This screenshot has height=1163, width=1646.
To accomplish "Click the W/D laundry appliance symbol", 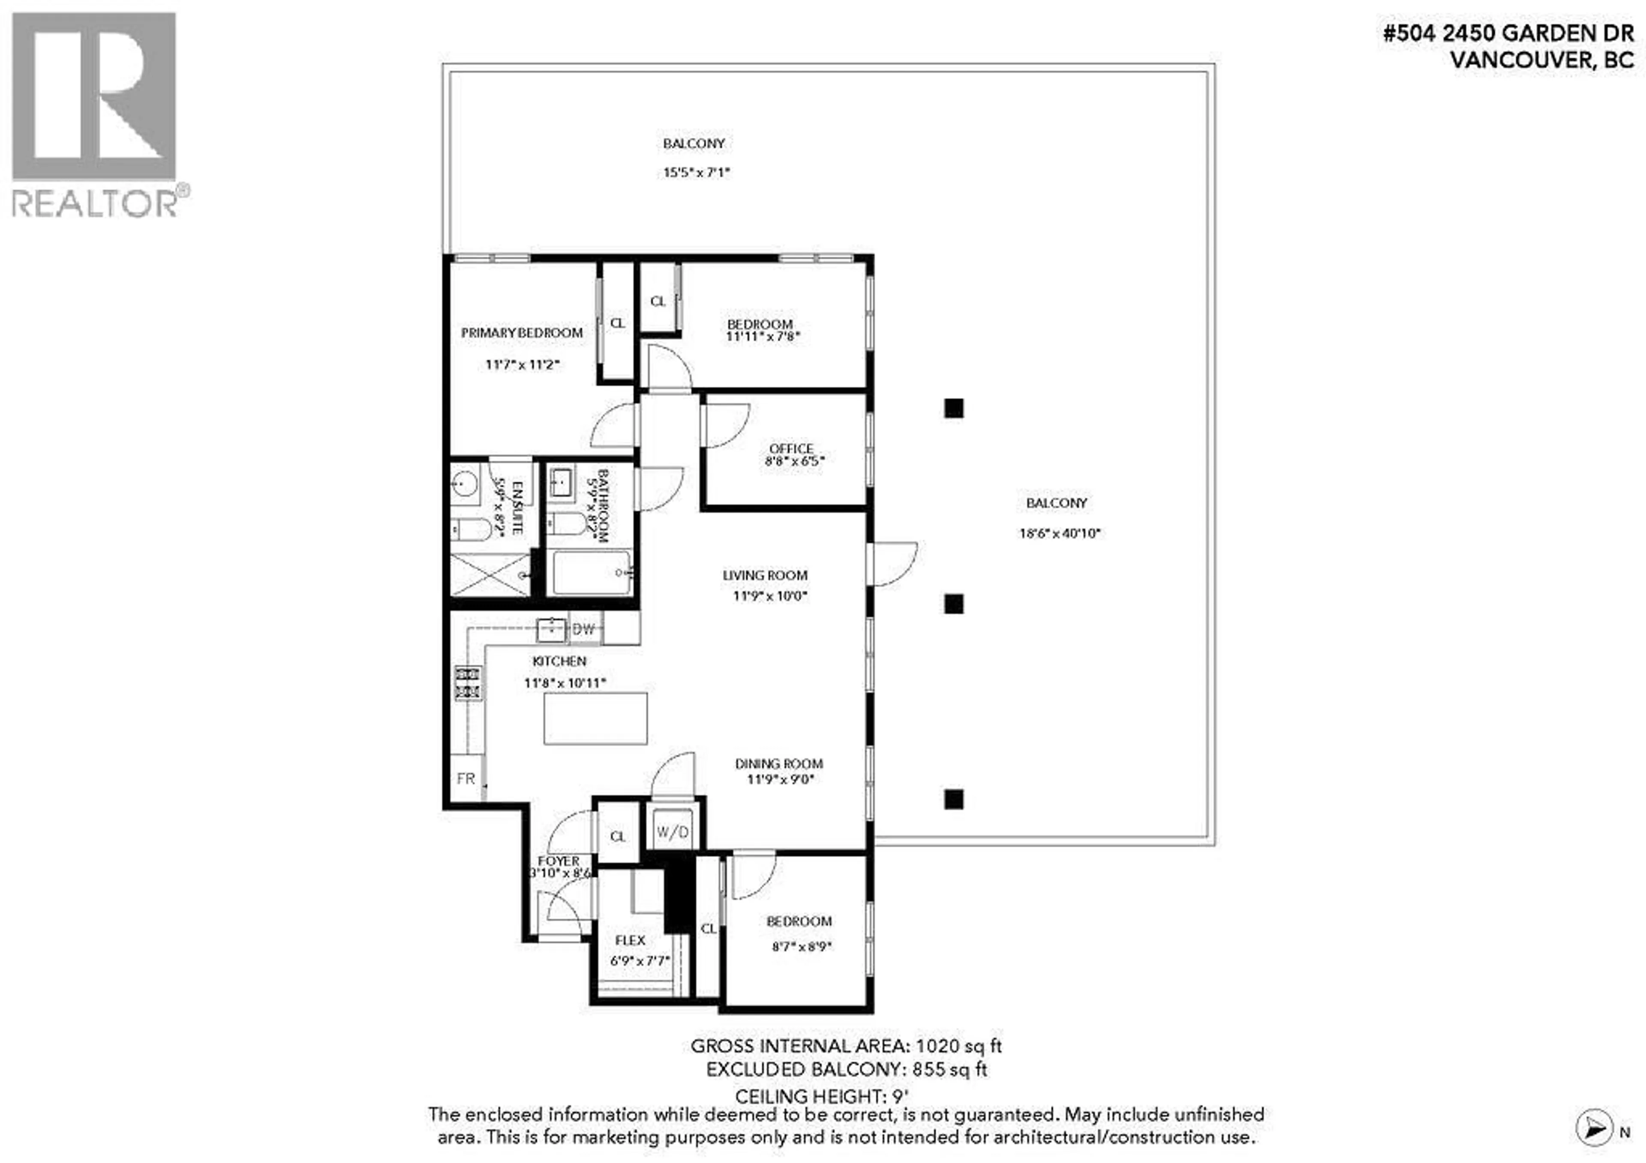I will click(x=673, y=832).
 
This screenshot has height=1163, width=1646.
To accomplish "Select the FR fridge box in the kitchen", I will click(x=466, y=778).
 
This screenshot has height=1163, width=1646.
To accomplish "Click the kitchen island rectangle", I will click(x=595, y=718).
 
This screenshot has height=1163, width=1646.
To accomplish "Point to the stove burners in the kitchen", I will click(x=467, y=683).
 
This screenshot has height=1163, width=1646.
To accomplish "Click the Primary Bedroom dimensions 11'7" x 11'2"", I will click(x=522, y=365).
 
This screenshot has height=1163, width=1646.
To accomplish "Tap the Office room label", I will click(x=791, y=448).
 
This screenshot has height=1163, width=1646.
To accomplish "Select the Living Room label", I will click(x=765, y=575).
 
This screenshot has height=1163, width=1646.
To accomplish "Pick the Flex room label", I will click(x=630, y=940).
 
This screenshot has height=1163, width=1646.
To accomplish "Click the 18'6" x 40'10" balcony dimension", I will click(x=1060, y=533).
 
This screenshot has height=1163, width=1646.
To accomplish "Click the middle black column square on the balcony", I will click(x=953, y=604).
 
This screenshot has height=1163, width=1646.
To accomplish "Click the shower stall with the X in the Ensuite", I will click(x=490, y=574).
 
